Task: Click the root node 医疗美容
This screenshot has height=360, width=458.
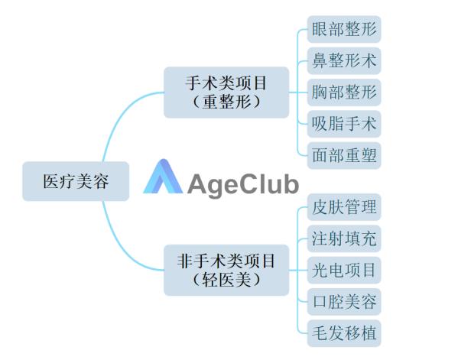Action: [x=76, y=181]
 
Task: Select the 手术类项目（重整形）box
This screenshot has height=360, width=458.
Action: [x=226, y=92]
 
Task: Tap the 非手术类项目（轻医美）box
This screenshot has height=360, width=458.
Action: [x=226, y=270]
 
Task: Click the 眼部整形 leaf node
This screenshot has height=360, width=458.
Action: [x=344, y=29]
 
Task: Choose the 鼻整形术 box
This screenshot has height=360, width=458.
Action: [x=344, y=60]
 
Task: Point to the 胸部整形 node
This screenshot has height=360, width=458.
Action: [x=344, y=92]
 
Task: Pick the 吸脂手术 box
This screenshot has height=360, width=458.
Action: [x=344, y=124]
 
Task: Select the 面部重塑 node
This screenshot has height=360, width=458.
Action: [x=344, y=155]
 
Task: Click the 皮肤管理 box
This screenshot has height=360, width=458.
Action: [x=344, y=207]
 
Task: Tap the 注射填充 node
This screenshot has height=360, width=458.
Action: [x=344, y=238]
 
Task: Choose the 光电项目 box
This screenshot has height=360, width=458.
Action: [x=344, y=270]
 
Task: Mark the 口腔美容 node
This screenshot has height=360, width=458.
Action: [x=344, y=302]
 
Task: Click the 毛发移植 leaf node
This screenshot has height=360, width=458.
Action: [x=344, y=333]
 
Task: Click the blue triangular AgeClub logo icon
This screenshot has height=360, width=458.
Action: [x=163, y=177]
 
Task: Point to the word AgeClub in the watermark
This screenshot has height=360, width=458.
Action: [x=243, y=185]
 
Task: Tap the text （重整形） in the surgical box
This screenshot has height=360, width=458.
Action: [x=226, y=102]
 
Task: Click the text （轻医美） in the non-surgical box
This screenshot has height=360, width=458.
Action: [x=226, y=280]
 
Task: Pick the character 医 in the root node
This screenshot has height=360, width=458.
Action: [x=51, y=181]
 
